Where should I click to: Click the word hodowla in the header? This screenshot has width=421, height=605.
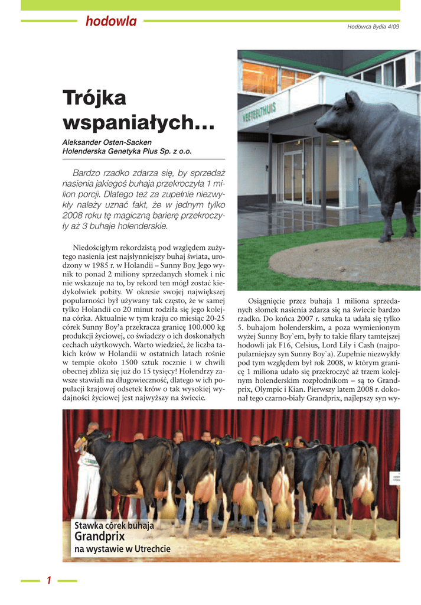[110, 22]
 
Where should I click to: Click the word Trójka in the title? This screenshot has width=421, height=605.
[94, 98]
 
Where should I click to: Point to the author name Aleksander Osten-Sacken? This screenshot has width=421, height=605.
[107, 142]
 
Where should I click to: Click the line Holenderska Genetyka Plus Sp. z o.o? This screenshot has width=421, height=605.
[127, 151]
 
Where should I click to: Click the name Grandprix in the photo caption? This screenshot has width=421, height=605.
[99, 536]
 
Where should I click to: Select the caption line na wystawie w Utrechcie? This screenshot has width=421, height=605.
[122, 549]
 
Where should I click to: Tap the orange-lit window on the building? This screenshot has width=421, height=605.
[260, 77]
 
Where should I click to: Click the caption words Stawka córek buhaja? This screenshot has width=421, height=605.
[114, 526]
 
